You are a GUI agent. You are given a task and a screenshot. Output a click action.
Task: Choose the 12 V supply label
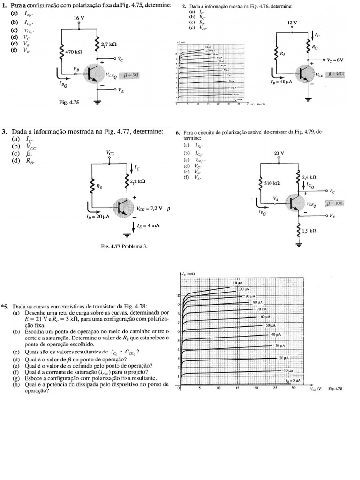point(292,22)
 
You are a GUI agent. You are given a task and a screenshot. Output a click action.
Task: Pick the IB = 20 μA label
point(98,217)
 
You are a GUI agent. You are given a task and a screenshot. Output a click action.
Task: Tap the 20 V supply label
point(279,153)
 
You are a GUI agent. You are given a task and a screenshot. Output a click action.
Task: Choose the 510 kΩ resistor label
point(273,183)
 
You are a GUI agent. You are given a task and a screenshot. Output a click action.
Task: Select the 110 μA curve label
point(236,284)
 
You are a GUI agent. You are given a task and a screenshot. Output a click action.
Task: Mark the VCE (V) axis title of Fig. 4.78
point(316,389)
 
